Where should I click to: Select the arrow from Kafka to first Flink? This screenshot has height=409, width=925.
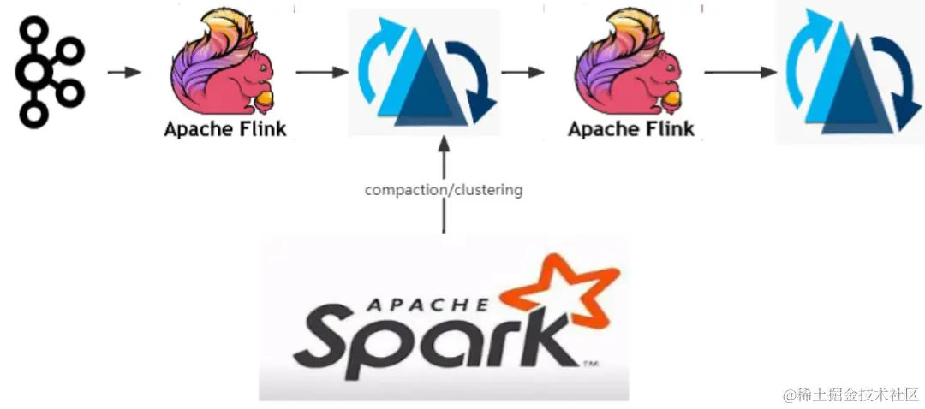pyautogui.click(x=124, y=72)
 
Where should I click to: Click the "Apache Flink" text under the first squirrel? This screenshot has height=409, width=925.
pyautogui.click(x=226, y=130)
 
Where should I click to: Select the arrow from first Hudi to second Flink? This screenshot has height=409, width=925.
pyautogui.click(x=522, y=72)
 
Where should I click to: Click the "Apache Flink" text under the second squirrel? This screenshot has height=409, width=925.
pyautogui.click(x=630, y=130)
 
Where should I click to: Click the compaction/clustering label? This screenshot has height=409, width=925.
pyautogui.click(x=444, y=190)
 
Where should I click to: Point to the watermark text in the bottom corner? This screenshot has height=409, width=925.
pyautogui.click(x=847, y=394)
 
